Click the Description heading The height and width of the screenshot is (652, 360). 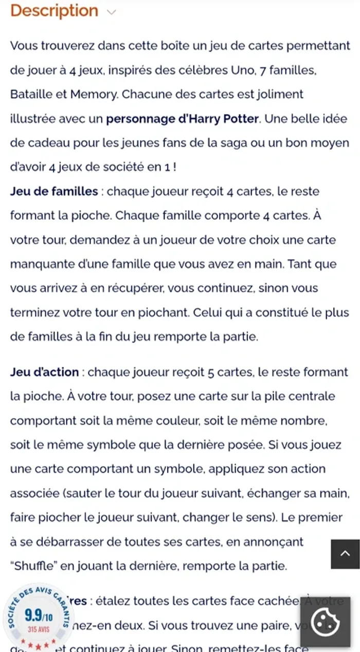coord(54,11)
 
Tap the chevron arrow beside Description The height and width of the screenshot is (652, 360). coord(111,12)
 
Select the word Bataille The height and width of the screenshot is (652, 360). coord(31,95)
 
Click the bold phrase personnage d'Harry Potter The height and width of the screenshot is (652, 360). coord(182,119)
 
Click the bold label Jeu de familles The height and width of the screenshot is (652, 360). coord(54,191)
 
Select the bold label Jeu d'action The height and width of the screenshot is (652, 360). coord(45,372)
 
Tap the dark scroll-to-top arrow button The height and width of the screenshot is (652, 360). coord(345,554)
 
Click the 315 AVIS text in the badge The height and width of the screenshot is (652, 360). coord(39,629)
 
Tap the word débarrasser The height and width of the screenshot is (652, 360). coord(78,542)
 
